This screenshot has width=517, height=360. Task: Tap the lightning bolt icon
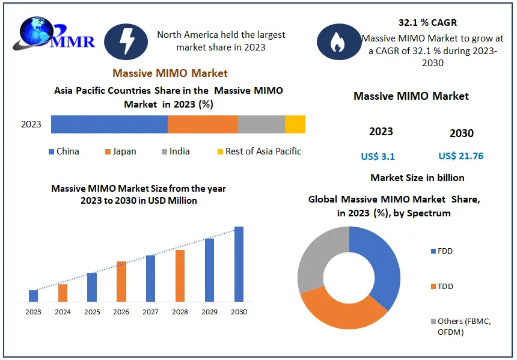tap(126, 41)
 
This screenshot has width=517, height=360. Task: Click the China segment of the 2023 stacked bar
tap(109, 124)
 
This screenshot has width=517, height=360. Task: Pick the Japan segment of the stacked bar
tap(203, 124)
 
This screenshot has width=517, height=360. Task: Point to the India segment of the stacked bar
tap(261, 124)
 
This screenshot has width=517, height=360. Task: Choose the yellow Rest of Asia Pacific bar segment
tap(295, 124)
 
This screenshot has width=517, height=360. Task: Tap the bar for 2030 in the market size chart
tap(239, 264)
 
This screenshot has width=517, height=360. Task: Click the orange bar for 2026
tap(121, 281)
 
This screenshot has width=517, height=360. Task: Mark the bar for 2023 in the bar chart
tap(34, 296)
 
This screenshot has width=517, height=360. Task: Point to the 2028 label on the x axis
tap(180, 312)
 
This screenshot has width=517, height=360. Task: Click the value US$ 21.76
tap(461, 156)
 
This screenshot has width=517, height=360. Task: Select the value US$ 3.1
tap(378, 156)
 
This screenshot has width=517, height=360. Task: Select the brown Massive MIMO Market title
tap(170, 73)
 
